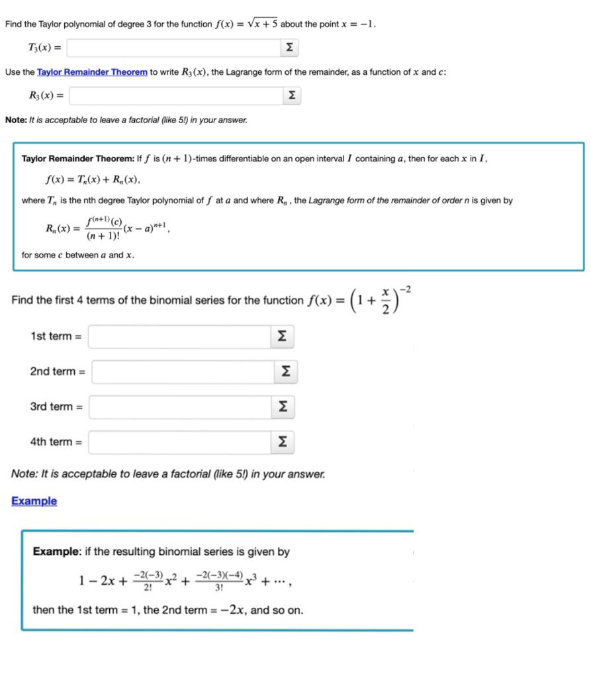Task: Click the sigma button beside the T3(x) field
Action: [x=289, y=48]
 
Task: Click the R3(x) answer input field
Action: [x=175, y=96]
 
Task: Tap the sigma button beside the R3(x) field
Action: [x=292, y=96]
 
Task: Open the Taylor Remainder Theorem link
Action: [x=92, y=72]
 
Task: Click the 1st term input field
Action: [x=179, y=336]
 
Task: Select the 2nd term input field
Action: [x=183, y=371]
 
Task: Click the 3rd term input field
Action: [x=179, y=407]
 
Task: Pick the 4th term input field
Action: [x=179, y=442]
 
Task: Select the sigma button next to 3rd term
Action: [x=283, y=407]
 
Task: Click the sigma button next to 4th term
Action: [x=283, y=442]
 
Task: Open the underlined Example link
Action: [x=34, y=501]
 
